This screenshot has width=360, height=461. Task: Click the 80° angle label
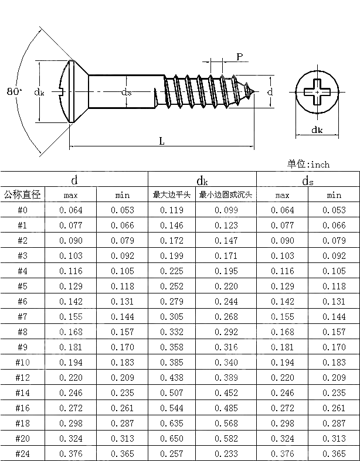[x=14, y=91]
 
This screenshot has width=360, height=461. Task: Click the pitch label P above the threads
[x=240, y=56]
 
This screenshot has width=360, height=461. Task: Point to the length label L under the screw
[x=161, y=141]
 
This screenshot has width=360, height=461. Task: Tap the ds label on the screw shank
[x=126, y=92]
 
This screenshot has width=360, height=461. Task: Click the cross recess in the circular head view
[x=317, y=93]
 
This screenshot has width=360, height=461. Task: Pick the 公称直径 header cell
[x=22, y=195]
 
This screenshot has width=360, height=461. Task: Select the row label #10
[x=22, y=362]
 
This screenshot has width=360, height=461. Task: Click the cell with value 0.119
[x=172, y=210]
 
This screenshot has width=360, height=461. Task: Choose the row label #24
[x=22, y=453]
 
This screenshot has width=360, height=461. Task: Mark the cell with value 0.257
[x=172, y=453]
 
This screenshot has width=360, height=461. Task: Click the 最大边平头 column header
[x=172, y=195]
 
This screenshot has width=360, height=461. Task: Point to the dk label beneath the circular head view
[x=317, y=130]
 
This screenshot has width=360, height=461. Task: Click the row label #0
[x=22, y=210]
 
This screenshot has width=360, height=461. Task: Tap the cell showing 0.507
[x=172, y=392]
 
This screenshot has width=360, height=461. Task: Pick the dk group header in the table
[x=202, y=180]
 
